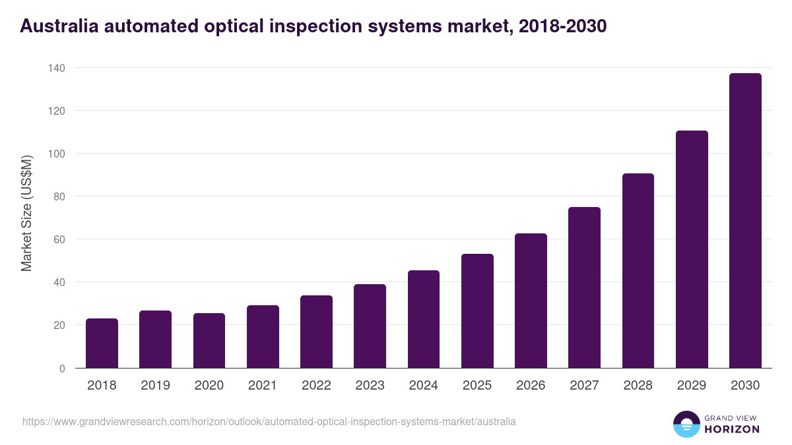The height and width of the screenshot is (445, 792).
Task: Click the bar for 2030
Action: (745, 221)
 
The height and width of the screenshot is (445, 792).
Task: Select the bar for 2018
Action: (102, 343)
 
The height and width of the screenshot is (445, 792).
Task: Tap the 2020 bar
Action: (209, 341)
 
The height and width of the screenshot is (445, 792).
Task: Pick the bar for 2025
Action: (477, 311)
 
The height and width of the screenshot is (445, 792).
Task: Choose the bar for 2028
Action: (638, 271)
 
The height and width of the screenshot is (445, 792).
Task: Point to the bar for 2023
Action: (370, 326)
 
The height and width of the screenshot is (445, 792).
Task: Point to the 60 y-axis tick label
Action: (59, 239)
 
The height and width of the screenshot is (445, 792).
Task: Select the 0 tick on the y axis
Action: (62, 369)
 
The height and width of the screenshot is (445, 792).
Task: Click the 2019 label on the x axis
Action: (155, 386)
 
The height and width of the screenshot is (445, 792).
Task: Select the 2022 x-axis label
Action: (316, 386)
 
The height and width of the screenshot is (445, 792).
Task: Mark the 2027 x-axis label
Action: (584, 386)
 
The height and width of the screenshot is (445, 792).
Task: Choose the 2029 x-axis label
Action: (692, 386)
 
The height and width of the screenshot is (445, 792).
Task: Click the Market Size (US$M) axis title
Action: (26, 214)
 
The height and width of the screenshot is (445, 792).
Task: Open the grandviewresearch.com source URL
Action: (269, 421)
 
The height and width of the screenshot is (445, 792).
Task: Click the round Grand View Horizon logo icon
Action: (686, 424)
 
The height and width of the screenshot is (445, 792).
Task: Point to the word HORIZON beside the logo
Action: (731, 429)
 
